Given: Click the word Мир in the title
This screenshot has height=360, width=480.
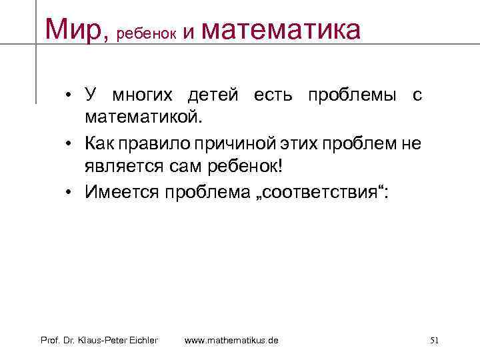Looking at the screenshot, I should (x=73, y=29).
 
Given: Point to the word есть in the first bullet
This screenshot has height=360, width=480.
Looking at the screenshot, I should (x=273, y=95).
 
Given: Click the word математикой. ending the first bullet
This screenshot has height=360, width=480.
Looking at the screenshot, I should (x=141, y=118).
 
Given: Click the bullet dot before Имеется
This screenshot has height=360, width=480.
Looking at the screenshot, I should (x=69, y=192).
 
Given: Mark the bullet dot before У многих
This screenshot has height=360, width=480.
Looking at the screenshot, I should (x=69, y=95).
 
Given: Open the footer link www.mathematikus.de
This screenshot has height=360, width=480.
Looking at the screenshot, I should (x=231, y=341).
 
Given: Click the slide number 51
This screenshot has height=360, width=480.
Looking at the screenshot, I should (x=434, y=341).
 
